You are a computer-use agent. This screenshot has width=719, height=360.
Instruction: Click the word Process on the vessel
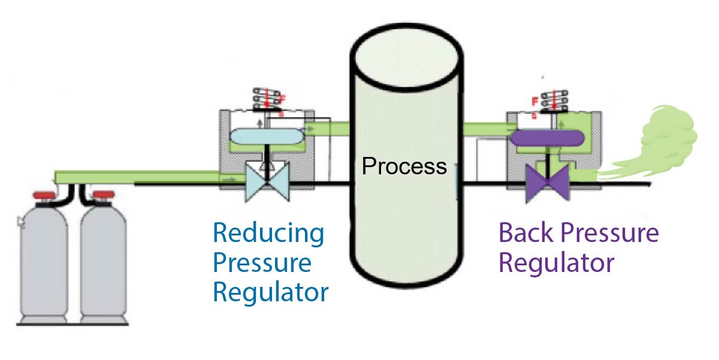pos(404,166)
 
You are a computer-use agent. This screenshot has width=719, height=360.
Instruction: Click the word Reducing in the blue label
pos(269,233)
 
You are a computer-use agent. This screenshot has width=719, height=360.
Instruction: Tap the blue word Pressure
pos(262,263)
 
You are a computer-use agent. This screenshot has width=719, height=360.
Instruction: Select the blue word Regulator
pos(271,293)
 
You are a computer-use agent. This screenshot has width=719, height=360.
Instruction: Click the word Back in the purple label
pos(523,233)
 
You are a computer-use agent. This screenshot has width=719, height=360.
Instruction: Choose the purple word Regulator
pos(557,263)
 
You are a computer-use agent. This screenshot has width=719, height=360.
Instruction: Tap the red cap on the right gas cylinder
pos(102,196)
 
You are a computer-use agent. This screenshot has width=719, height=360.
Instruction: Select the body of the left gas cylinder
pos(43,264)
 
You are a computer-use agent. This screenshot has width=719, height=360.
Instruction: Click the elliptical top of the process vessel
pos(406,60)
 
